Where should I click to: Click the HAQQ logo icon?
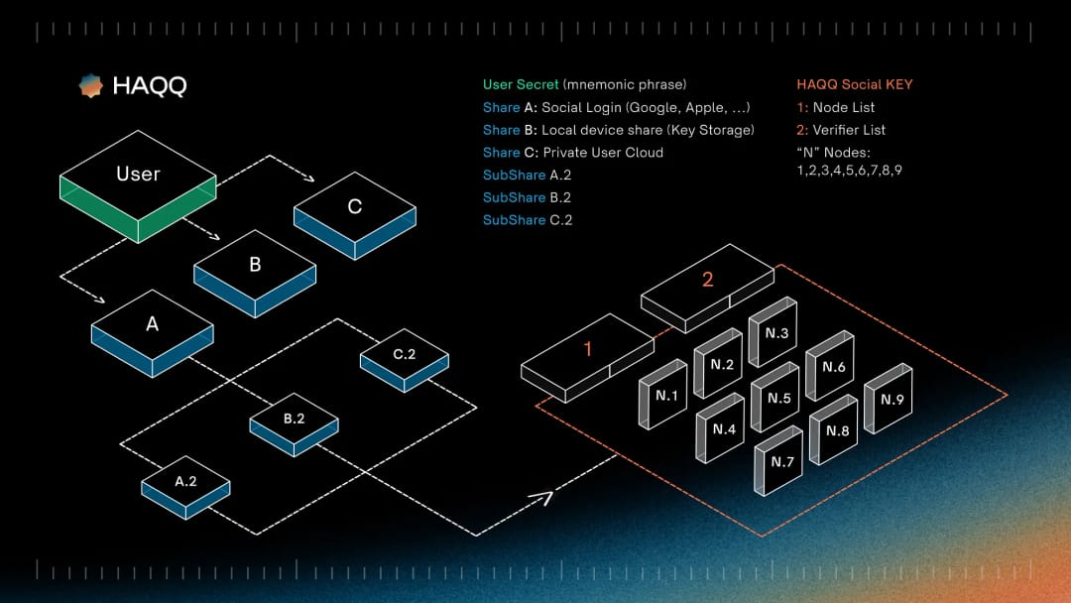[91, 86]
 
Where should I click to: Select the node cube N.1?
[663, 395]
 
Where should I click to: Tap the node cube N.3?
[773, 332]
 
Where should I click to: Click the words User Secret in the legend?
[521, 84]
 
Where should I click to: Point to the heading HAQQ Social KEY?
[854, 84]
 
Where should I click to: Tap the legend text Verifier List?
[849, 130]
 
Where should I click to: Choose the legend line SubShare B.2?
[527, 197]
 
